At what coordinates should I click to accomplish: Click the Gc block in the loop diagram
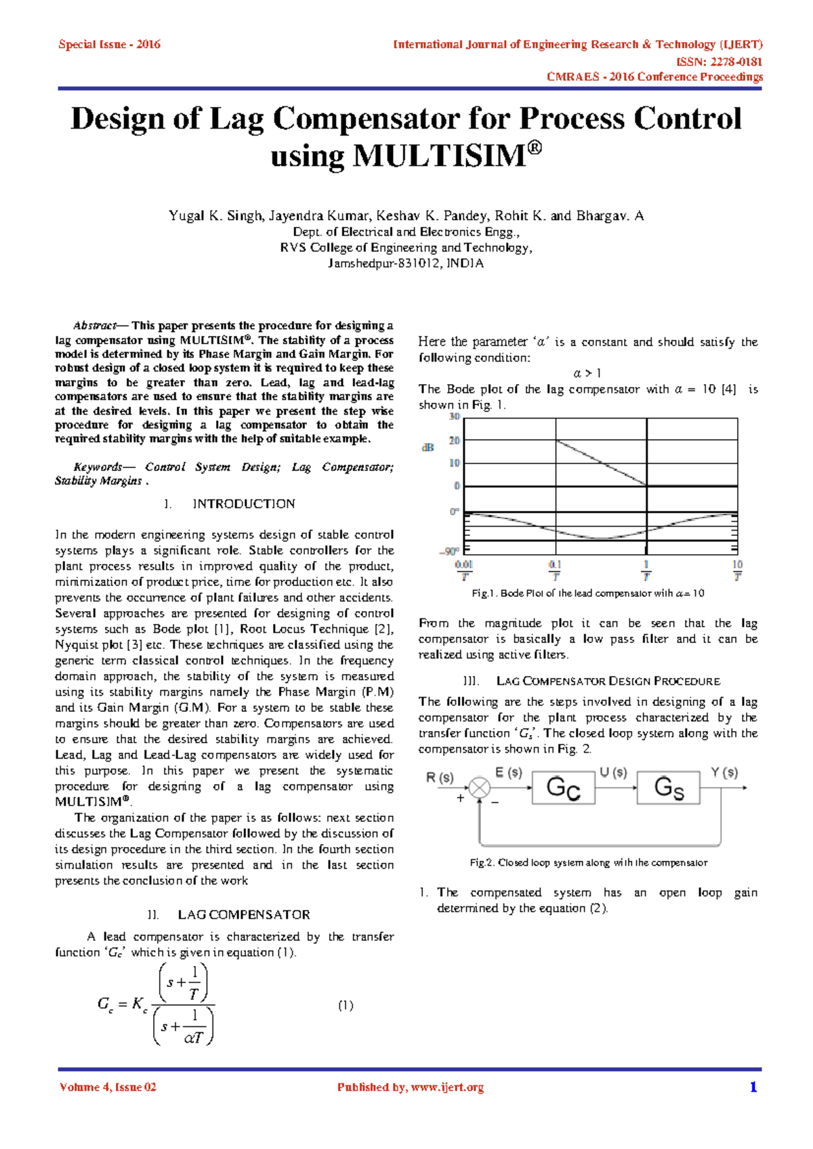563,788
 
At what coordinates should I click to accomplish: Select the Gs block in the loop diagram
668,788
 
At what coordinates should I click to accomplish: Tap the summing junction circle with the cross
480,788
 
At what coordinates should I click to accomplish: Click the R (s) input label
440,777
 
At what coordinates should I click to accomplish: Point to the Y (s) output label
724,772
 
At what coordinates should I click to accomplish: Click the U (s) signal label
613,772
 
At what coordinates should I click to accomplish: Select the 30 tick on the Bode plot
454,417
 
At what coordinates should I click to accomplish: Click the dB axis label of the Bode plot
428,448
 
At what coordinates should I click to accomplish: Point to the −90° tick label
450,551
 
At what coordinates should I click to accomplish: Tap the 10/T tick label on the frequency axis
737,570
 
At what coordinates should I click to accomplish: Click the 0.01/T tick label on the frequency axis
464,570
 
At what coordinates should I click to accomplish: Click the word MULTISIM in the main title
438,156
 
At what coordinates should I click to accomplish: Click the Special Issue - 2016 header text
109,45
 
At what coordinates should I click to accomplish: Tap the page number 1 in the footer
753,1087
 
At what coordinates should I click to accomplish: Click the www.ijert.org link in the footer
447,1087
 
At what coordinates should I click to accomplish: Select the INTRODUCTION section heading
243,504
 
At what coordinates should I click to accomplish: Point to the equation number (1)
346,1005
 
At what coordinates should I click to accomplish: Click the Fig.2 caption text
588,862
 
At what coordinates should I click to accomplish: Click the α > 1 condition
587,373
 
